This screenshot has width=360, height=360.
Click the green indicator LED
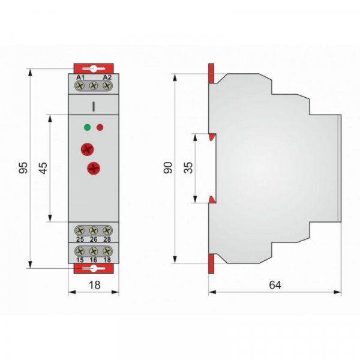tap(87, 127)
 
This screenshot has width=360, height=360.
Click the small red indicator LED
tap(100, 127)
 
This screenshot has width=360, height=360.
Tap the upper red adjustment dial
tap(87, 149)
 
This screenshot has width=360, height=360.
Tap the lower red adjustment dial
tap(94, 169)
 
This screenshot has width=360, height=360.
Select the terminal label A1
tap(80, 77)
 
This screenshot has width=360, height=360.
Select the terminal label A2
tap(107, 77)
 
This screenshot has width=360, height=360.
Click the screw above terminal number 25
tap(80, 230)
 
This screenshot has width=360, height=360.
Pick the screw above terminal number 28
tap(107, 230)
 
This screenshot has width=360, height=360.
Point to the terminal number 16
tap(94, 260)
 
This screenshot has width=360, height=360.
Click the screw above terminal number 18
tap(107, 251)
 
